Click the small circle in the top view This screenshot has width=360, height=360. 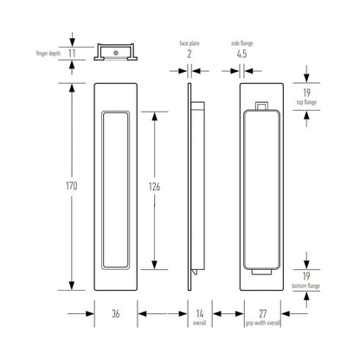click(x=116, y=50)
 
